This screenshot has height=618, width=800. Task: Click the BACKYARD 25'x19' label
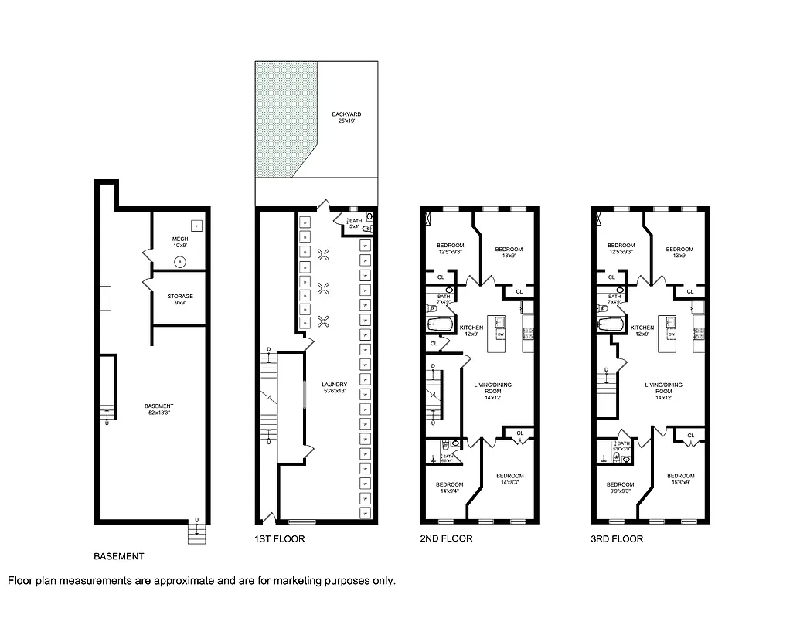[x=346, y=117]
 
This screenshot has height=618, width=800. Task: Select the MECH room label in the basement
[x=179, y=243]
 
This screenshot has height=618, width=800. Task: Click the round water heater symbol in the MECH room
[x=180, y=261]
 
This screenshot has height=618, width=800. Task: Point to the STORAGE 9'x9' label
[x=180, y=299]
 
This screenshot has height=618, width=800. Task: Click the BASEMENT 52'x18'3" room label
[x=159, y=409]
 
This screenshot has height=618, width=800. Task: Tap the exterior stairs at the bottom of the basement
[x=197, y=533]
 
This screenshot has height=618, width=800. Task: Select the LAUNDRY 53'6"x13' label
[x=335, y=387]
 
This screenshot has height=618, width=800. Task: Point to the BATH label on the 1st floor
[x=355, y=223]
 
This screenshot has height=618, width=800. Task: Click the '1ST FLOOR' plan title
[x=279, y=539]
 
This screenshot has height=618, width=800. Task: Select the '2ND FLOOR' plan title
[x=447, y=539]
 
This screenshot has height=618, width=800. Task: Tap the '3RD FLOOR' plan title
[x=616, y=539]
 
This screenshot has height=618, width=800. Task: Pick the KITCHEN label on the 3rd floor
[x=642, y=331]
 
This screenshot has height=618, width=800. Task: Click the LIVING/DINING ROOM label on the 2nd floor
[x=492, y=391]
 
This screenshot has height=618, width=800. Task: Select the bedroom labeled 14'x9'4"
[x=448, y=487]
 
